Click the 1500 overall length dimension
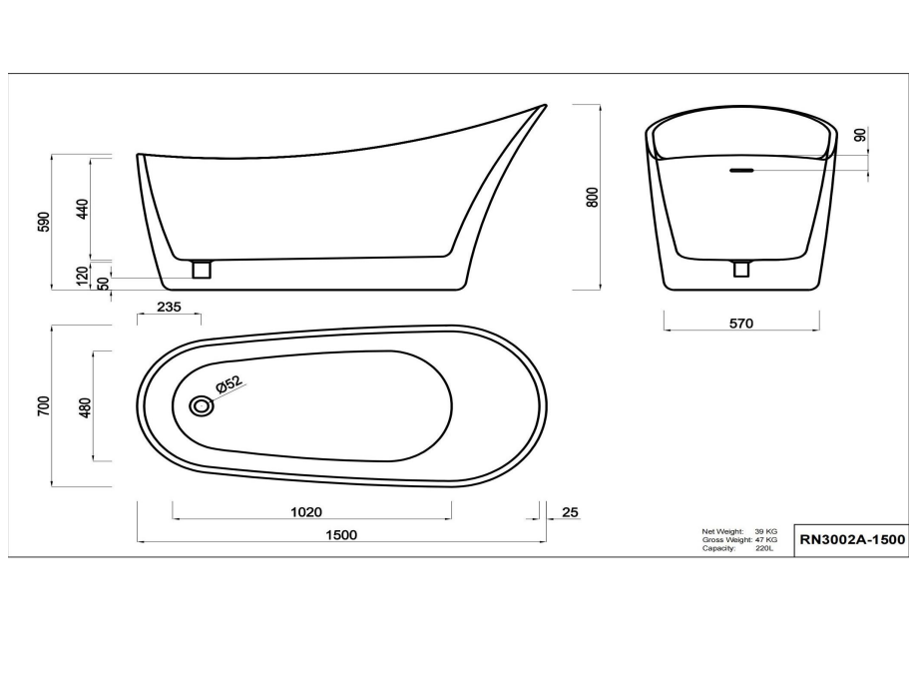click(x=341, y=534)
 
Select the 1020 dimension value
click(x=305, y=511)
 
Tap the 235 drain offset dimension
click(x=169, y=307)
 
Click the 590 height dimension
click(x=43, y=222)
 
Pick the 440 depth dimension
click(x=83, y=208)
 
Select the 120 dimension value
click(x=83, y=275)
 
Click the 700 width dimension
click(x=43, y=405)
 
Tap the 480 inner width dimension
click(x=85, y=406)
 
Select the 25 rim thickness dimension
click(x=570, y=512)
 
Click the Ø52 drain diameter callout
click(x=229, y=384)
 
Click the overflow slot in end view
click(x=741, y=170)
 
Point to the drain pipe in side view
click(x=201, y=270)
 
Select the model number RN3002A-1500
click(x=852, y=540)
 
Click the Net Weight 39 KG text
click(x=739, y=531)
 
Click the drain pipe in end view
click(x=741, y=269)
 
